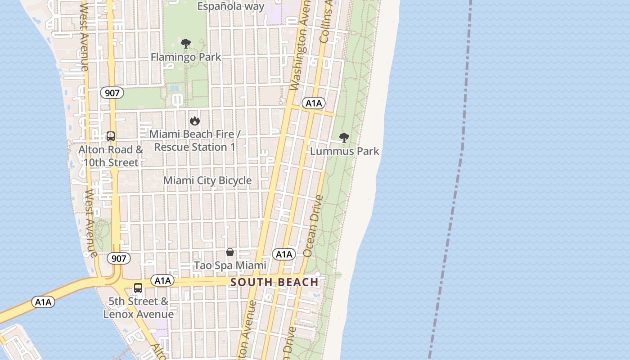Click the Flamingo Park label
[x=186, y=57]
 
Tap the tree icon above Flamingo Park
[x=185, y=44]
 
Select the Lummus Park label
[x=345, y=151]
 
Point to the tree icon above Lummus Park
[x=344, y=138]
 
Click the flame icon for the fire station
[x=194, y=121]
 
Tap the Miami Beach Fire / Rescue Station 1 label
[x=195, y=140]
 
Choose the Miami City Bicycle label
[x=207, y=180]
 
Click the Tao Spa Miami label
[x=230, y=265]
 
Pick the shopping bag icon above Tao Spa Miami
[x=230, y=252]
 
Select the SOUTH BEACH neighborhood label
[x=274, y=283]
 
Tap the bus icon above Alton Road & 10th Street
[x=111, y=136]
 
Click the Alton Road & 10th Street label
[x=111, y=156]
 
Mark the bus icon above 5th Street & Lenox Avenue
[x=138, y=288]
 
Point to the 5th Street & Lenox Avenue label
[x=138, y=307]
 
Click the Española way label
[x=231, y=6]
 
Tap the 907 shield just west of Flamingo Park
[x=112, y=93]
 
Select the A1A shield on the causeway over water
[x=43, y=302]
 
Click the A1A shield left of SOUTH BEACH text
[x=162, y=281]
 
